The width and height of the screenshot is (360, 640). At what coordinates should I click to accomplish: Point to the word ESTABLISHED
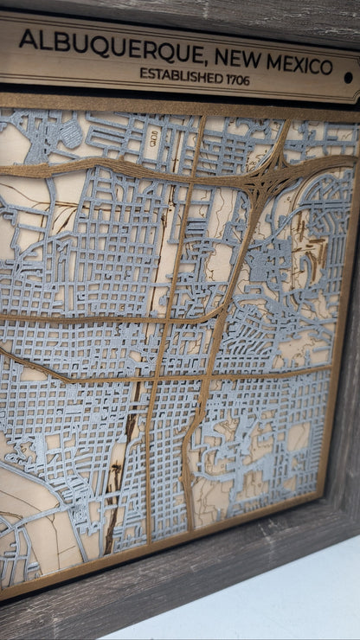pyautogui.click(x=185, y=75)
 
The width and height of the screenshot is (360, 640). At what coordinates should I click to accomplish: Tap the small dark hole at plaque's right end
pyautogui.click(x=348, y=77)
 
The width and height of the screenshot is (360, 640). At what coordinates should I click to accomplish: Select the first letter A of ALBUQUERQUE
pyautogui.click(x=28, y=38)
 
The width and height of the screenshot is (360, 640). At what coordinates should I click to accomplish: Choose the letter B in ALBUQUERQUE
pyautogui.click(x=55, y=41)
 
